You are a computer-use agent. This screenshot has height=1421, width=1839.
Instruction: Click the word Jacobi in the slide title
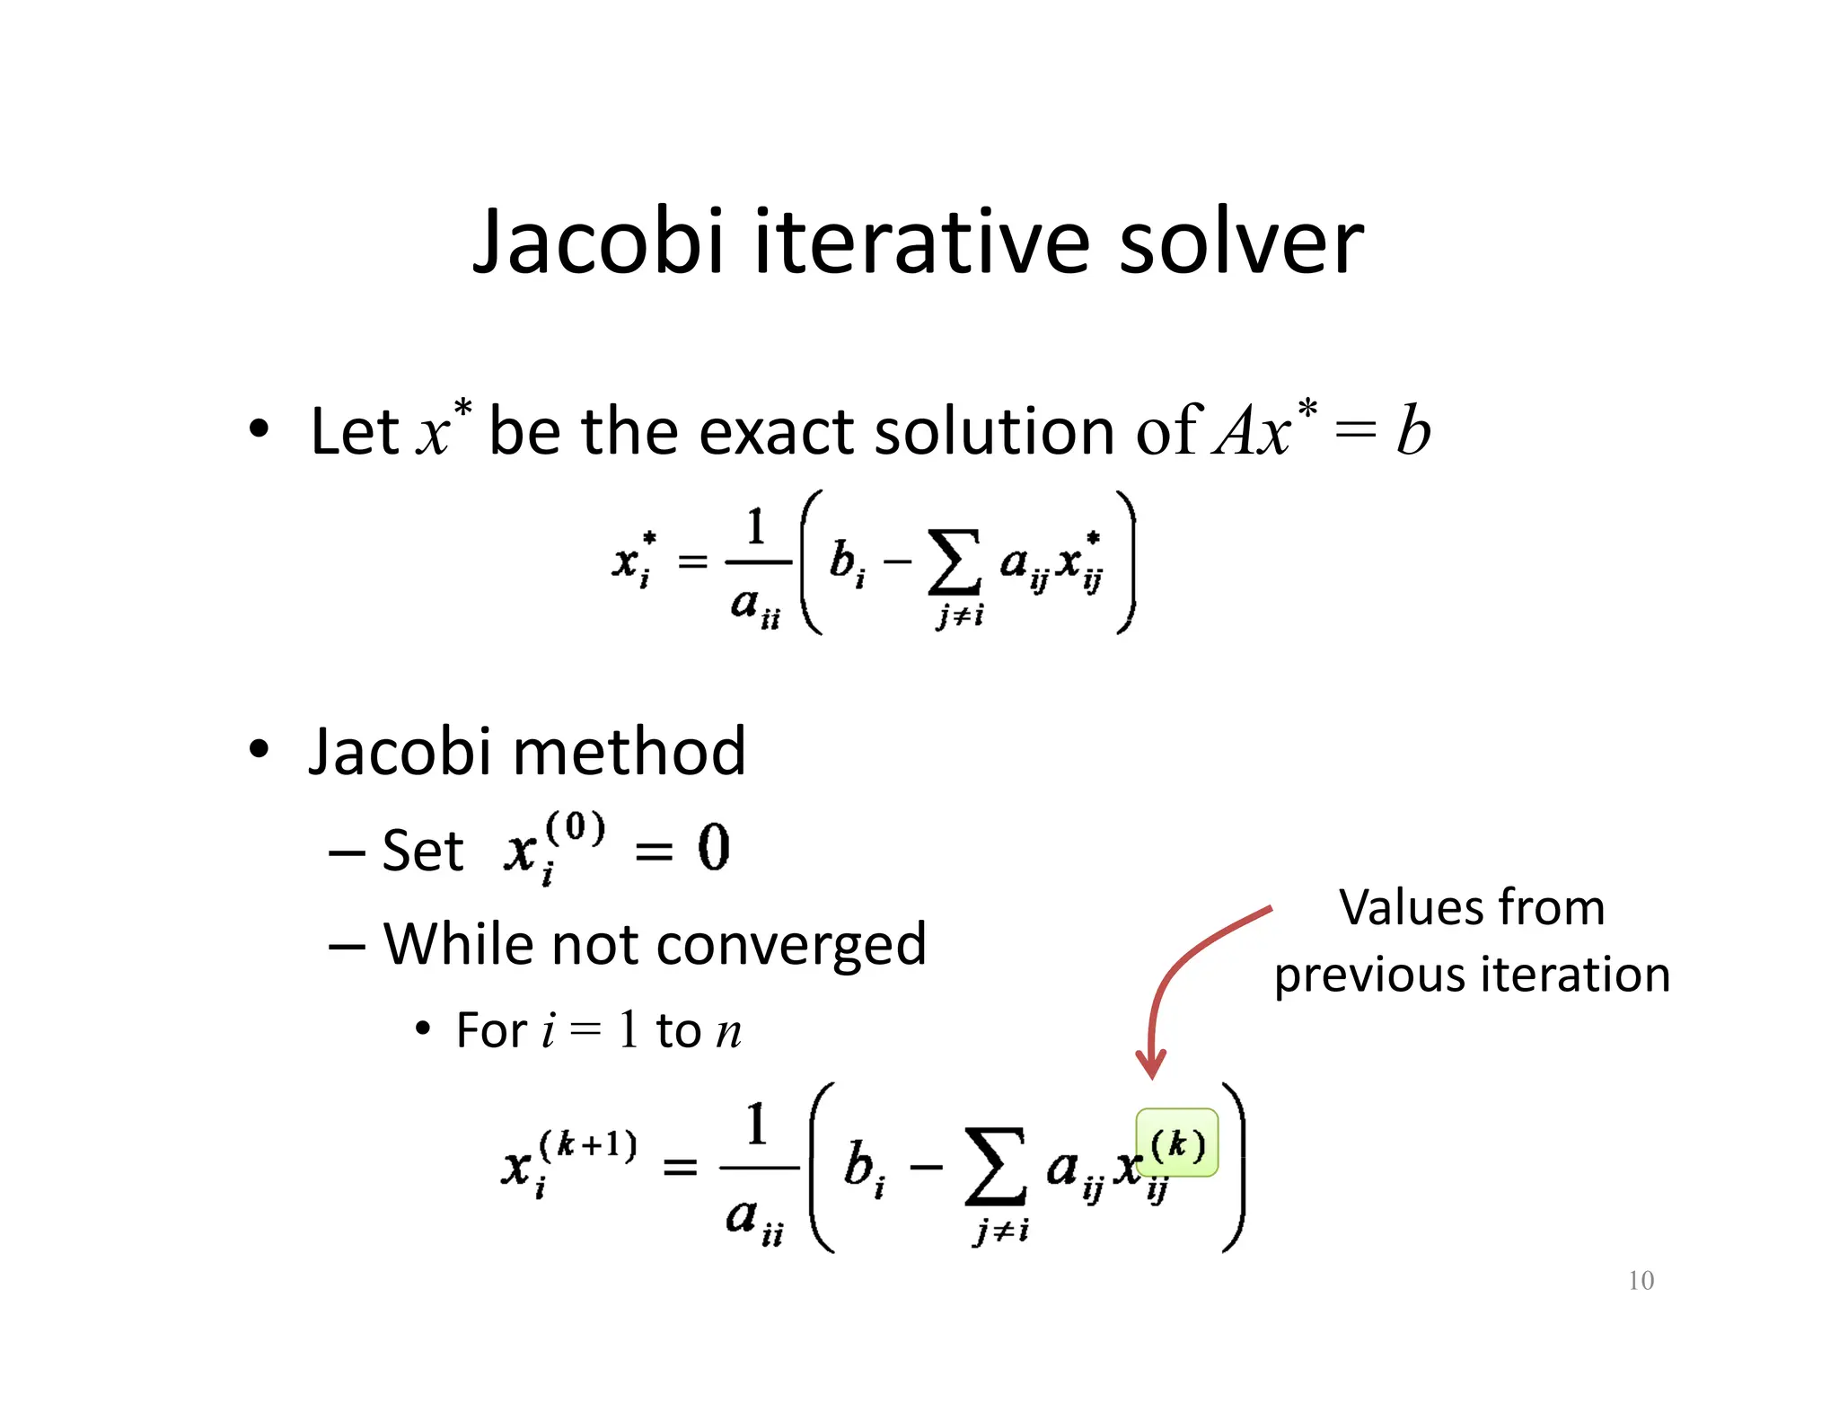(x=597, y=243)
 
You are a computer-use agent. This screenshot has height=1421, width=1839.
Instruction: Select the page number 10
(x=1641, y=1280)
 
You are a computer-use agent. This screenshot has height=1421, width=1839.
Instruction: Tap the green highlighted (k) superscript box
(x=1177, y=1143)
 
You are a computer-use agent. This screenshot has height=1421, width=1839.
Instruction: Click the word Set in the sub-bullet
(x=422, y=851)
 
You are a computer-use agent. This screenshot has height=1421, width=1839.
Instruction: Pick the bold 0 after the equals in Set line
(x=714, y=848)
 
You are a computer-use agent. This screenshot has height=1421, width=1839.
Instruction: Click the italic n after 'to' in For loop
(x=728, y=1032)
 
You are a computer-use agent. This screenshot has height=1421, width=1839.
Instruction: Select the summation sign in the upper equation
(x=954, y=563)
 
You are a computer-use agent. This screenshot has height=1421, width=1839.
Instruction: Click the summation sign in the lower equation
(x=995, y=1167)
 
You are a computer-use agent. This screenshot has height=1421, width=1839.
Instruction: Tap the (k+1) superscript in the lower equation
(x=587, y=1145)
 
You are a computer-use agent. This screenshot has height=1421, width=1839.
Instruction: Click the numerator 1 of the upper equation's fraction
(x=756, y=527)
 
